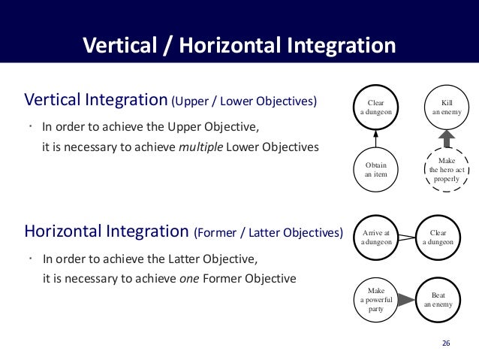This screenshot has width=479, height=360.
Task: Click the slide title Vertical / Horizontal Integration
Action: click(x=239, y=45)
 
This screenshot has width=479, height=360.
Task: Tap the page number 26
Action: click(x=446, y=343)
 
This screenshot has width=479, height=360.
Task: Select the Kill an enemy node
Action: click(x=447, y=107)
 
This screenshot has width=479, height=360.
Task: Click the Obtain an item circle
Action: click(x=375, y=170)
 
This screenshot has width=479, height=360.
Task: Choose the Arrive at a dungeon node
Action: click(x=375, y=237)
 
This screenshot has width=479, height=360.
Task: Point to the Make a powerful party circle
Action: click(x=375, y=299)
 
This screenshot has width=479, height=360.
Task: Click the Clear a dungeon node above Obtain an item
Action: click(x=375, y=107)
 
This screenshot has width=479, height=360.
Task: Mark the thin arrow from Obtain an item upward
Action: click(x=375, y=139)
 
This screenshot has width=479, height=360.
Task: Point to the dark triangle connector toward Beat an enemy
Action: click(x=406, y=300)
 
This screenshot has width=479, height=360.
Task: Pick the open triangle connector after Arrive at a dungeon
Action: click(x=406, y=237)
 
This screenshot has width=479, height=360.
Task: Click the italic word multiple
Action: click(x=200, y=147)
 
